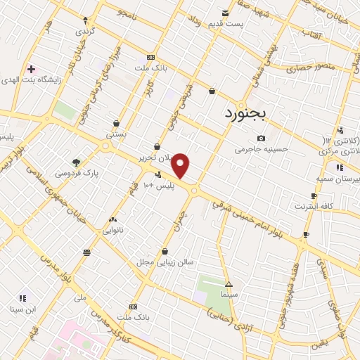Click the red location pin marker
(x=181, y=165)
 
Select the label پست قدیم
(x=225, y=24)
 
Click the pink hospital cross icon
(x=31, y=69)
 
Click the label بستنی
(x=115, y=133)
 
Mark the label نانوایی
(x=113, y=230)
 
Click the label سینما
(x=227, y=293)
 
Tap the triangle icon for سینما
(x=228, y=283)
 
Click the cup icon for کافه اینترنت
(x=306, y=234)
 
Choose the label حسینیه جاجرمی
(x=262, y=149)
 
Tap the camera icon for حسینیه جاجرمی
(x=262, y=139)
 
